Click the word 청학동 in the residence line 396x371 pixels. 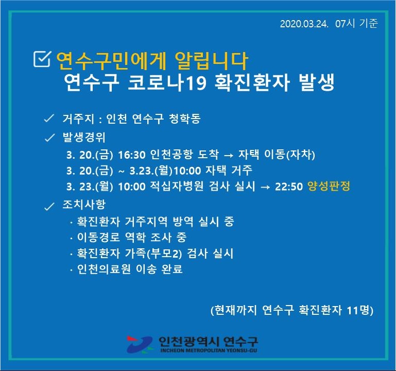(184, 119)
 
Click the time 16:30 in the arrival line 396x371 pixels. (132, 155)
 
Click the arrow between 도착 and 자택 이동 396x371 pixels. (228, 155)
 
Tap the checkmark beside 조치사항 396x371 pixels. (49, 206)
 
